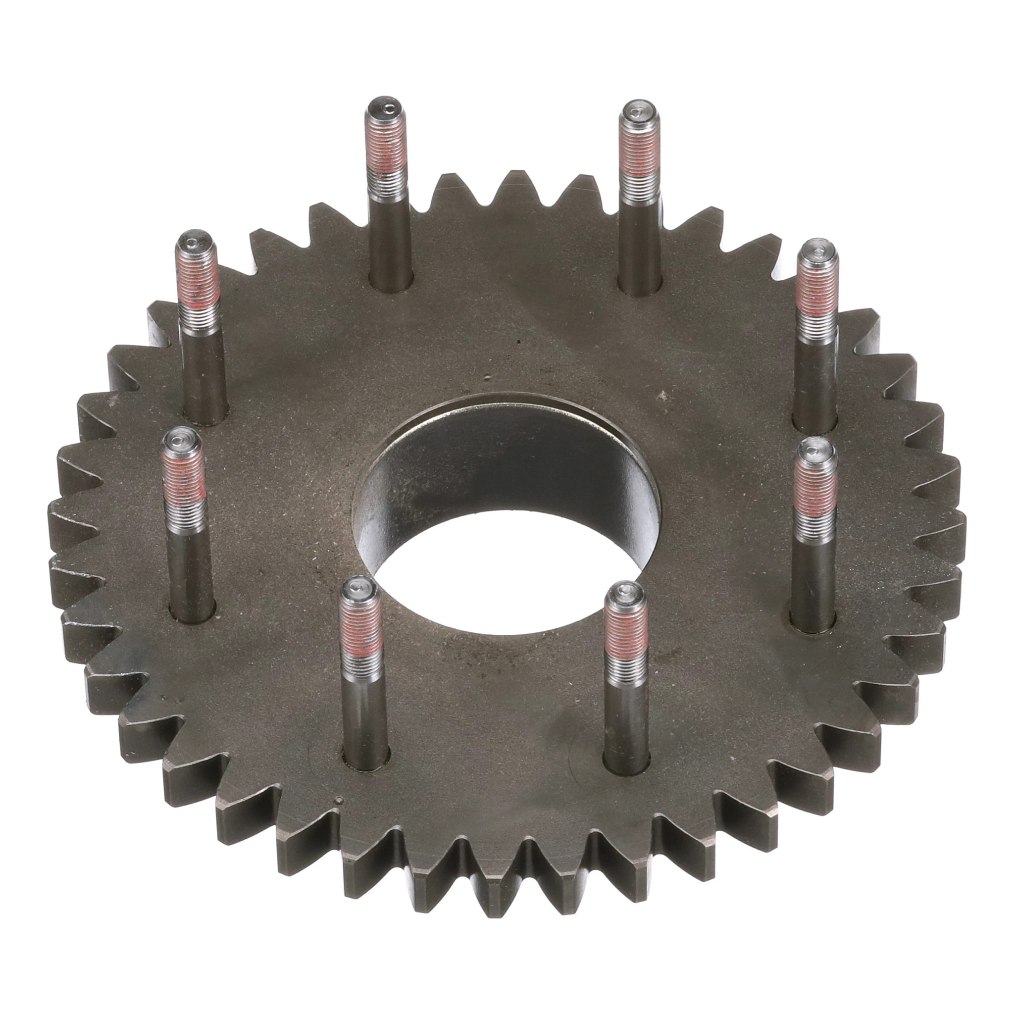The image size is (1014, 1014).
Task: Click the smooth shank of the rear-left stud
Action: pos(389,231)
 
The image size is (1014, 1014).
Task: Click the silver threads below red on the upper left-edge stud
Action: pos(201,315)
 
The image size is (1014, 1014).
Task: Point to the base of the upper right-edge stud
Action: pos(814,422)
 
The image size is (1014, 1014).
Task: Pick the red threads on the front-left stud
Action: pos(360,630)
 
